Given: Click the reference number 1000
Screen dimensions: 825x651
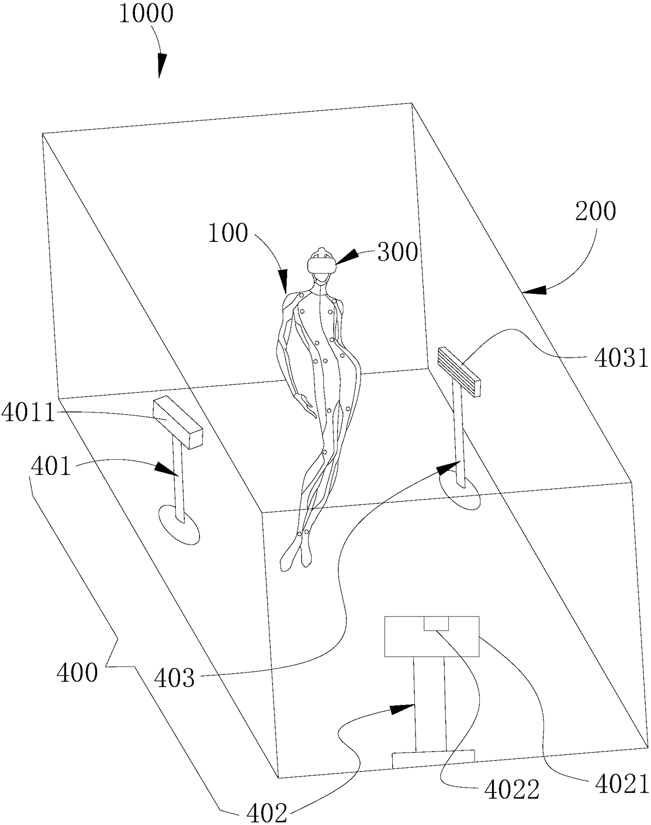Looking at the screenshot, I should pyautogui.click(x=146, y=14).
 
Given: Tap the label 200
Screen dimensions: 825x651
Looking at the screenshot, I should pyautogui.click(x=595, y=211).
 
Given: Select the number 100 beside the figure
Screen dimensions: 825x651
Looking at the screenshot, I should pyautogui.click(x=228, y=234).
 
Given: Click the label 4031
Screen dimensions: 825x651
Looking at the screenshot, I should pyautogui.click(x=621, y=358).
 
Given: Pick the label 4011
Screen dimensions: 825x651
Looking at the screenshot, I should pyautogui.click(x=28, y=413).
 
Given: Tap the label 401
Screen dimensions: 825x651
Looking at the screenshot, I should pyautogui.click(x=51, y=466).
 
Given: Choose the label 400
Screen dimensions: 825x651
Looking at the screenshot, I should pyautogui.click(x=78, y=672).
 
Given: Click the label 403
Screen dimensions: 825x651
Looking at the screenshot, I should pyautogui.click(x=174, y=678).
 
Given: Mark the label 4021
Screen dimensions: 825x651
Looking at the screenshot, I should pyautogui.click(x=623, y=786).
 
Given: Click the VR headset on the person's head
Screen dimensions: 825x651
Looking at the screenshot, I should pyautogui.click(x=321, y=263).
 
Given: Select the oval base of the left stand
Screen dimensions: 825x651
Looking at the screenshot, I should pyautogui.click(x=180, y=525).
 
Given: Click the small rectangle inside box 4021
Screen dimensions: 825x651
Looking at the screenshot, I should pyautogui.click(x=437, y=623).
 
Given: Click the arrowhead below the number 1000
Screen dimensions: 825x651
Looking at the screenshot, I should pyautogui.click(x=160, y=66).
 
